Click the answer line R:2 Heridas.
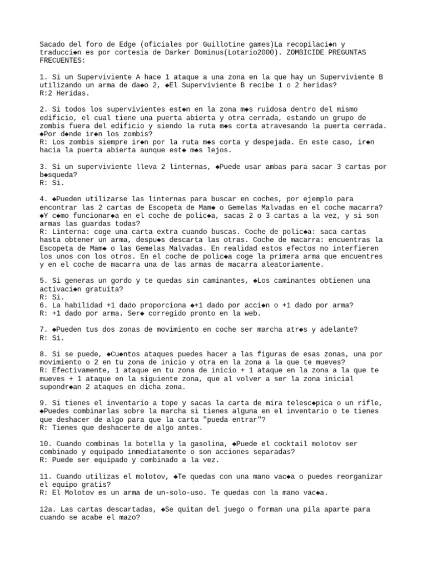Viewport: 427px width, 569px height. click(x=66, y=93)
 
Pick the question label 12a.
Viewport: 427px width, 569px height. click(x=47, y=509)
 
